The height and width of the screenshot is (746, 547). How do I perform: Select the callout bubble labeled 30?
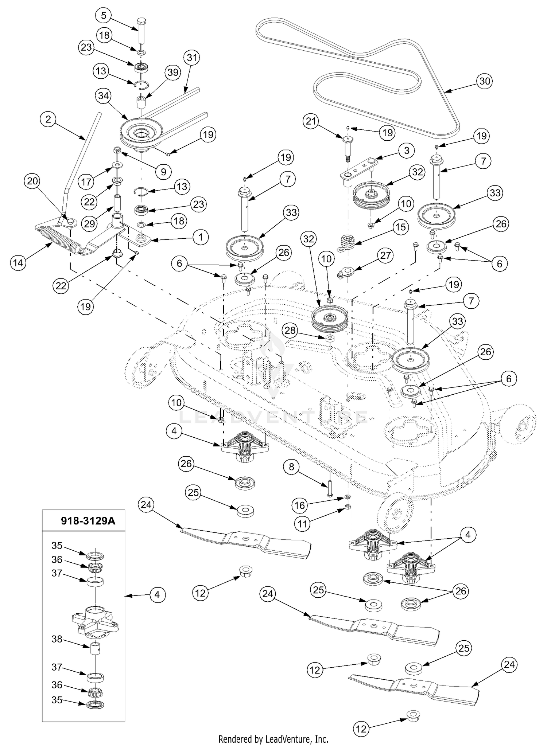485,81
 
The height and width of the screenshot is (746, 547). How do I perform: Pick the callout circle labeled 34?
104,96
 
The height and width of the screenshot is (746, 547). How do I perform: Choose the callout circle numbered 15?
400,227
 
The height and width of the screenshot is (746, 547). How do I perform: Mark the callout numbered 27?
386,255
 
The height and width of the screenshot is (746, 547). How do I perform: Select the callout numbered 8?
291,467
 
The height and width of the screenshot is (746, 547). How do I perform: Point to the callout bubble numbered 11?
302,524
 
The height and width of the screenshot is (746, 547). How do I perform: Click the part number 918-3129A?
88,521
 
